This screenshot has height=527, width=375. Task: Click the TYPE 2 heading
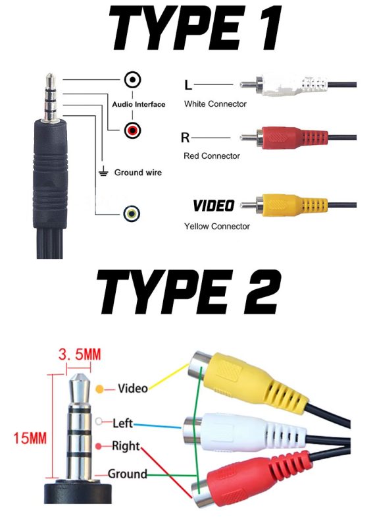point(188,292)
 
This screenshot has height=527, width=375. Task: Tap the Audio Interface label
point(139,104)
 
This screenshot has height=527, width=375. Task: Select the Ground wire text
point(138,173)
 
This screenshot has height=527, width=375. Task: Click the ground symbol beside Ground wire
point(103,171)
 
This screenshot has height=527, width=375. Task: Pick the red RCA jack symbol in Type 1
point(133,130)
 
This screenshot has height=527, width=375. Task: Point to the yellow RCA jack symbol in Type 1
point(132,213)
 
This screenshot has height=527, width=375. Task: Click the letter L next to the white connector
point(188,85)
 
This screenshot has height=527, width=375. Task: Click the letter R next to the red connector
point(185,138)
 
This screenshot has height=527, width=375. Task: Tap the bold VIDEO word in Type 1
point(214,206)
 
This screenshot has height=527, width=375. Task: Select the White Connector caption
point(215,104)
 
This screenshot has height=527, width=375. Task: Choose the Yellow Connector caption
point(217,226)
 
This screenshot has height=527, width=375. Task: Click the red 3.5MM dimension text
point(80,354)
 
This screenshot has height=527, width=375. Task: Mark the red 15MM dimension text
point(30,438)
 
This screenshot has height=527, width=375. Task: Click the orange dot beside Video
point(100,389)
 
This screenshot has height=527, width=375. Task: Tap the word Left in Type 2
point(123,423)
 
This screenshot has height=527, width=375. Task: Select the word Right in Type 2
point(126,446)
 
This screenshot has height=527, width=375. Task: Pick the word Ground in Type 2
point(128,474)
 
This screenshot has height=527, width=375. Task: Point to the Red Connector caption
point(212,156)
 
